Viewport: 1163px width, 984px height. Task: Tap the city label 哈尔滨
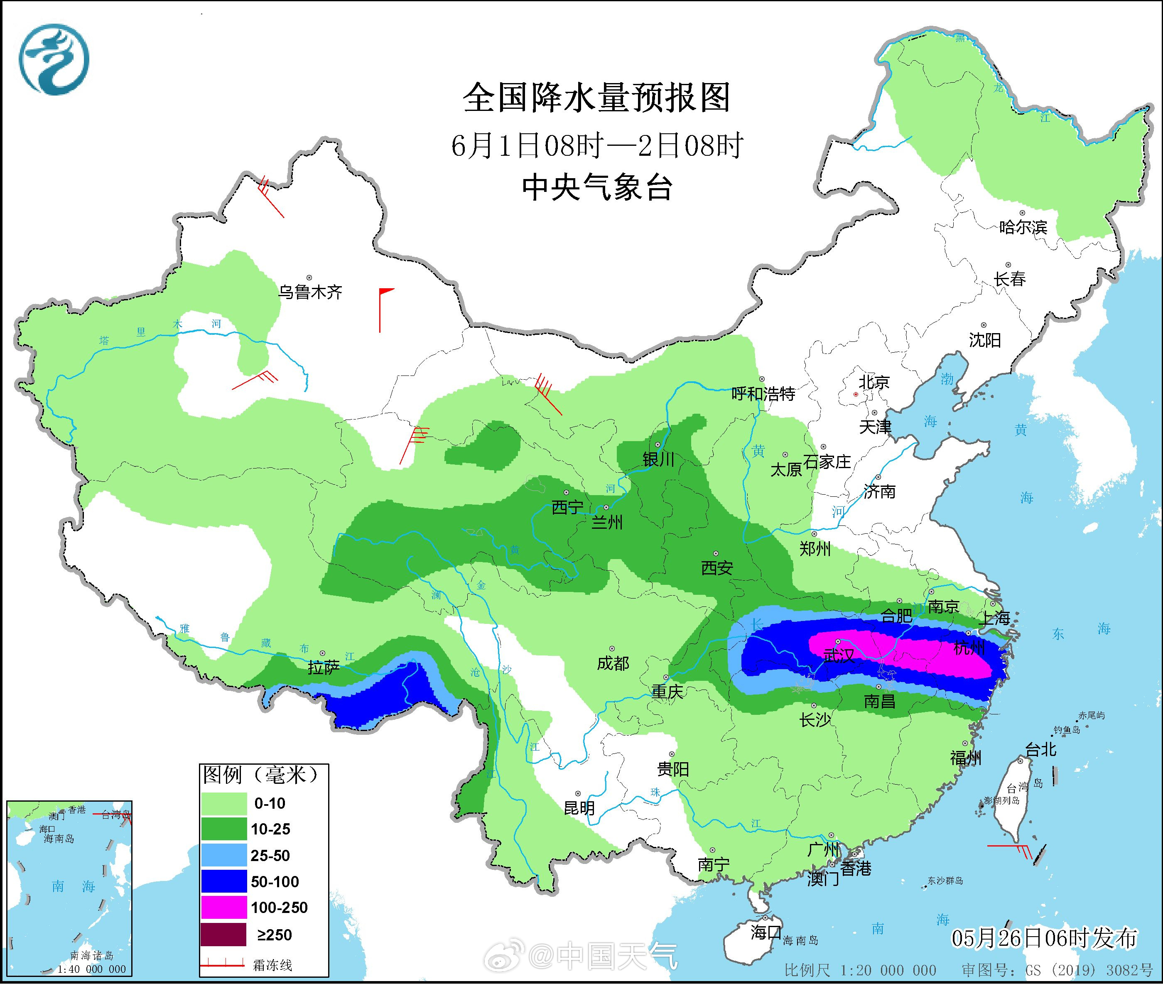click(1023, 227)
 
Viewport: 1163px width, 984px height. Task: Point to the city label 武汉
click(838, 655)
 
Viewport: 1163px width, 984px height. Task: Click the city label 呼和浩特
click(763, 394)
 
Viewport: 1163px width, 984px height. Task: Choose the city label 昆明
click(579, 808)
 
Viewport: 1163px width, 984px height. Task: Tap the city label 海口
click(765, 932)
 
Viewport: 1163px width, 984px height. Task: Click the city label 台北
click(1041, 749)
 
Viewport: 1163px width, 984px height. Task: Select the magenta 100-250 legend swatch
click(224, 908)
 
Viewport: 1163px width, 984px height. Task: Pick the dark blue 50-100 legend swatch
click(224, 881)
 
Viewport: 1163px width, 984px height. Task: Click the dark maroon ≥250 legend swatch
click(224, 934)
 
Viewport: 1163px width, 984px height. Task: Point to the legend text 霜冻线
click(272, 964)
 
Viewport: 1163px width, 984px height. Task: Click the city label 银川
click(659, 459)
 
